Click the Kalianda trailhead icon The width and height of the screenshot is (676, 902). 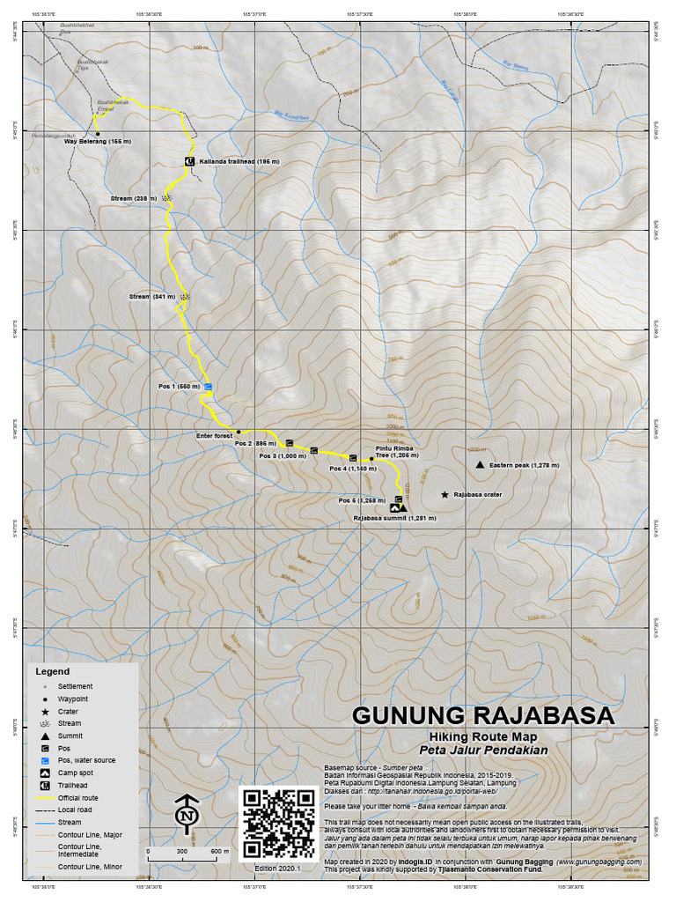click(189, 162)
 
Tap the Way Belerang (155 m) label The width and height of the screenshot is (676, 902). click(99, 141)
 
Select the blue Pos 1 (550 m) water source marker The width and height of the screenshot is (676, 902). click(209, 387)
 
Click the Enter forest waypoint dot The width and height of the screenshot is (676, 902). click(239, 433)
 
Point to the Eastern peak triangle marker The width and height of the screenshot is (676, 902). click(479, 464)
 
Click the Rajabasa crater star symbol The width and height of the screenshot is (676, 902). click(445, 495)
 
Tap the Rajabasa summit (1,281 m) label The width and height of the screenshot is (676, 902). click(395, 519)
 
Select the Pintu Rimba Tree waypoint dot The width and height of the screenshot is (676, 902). click(371, 459)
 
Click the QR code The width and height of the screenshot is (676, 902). click(278, 823)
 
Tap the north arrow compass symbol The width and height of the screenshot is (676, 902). click(186, 815)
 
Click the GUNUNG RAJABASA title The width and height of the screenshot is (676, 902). click(483, 715)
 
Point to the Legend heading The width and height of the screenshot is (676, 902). click(52, 671)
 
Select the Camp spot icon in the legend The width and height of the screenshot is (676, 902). click(43, 773)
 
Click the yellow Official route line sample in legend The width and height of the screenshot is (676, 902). click(43, 797)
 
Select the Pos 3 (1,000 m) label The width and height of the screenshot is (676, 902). click(283, 456)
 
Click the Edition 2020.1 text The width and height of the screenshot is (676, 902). click(277, 868)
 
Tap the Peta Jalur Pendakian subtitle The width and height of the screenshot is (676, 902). click(483, 750)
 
